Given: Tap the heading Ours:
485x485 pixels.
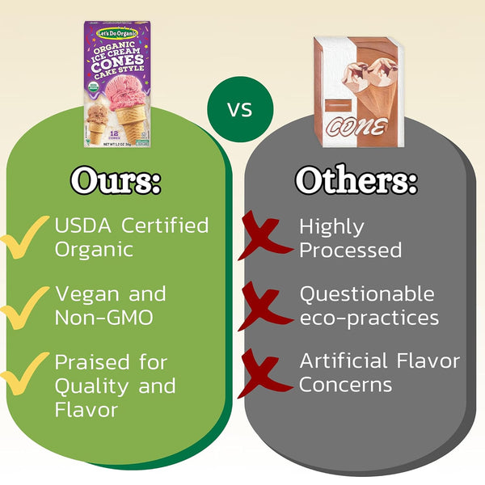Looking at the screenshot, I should (x=116, y=180).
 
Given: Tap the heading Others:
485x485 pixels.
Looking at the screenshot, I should (x=356, y=180).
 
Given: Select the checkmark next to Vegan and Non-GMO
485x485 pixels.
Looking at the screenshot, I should (x=24, y=306).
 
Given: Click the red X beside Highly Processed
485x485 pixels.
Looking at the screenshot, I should (x=264, y=238).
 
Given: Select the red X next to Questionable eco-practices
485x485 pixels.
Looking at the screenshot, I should (x=264, y=306).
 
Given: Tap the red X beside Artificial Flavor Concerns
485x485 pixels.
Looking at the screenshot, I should (x=264, y=373).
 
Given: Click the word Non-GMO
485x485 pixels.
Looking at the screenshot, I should (x=103, y=318).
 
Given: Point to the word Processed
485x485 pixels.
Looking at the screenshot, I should (x=350, y=250).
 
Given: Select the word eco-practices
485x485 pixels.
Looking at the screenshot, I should (x=369, y=318).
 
